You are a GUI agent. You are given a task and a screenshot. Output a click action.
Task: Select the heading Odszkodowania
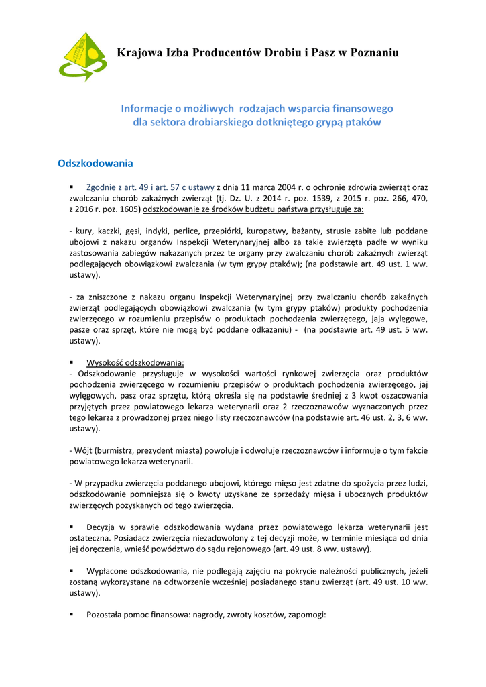[x=96, y=163]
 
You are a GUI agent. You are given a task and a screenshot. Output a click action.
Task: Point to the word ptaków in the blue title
[x=362, y=122]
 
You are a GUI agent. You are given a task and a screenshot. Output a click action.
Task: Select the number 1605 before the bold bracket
[x=127, y=209]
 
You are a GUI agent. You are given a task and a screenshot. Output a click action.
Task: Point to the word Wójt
[x=84, y=450]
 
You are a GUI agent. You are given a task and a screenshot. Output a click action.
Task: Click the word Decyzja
[x=102, y=527]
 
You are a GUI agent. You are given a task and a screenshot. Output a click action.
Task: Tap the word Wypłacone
[x=108, y=570]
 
